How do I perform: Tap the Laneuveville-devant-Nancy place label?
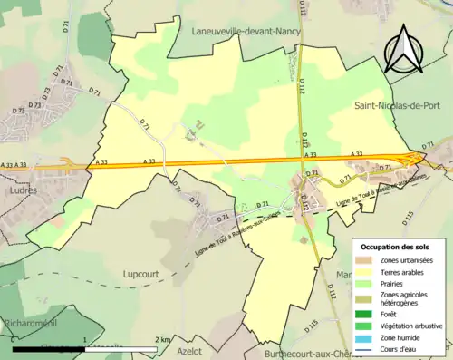[246, 30]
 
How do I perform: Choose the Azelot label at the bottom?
[188, 348]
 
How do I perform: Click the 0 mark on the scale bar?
[14, 339]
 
